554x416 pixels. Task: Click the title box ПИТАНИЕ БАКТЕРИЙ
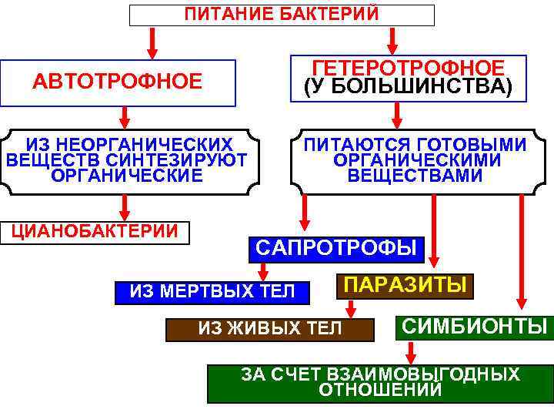(x=282, y=15)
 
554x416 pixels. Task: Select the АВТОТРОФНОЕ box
(x=117, y=82)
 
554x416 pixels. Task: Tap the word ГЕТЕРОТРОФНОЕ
(x=409, y=68)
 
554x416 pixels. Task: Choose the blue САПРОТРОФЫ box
(x=335, y=248)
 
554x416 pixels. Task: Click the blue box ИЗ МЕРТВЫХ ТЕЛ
(x=212, y=291)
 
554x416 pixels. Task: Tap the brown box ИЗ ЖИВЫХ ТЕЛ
(x=270, y=329)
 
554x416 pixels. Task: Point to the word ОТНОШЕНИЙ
(x=380, y=390)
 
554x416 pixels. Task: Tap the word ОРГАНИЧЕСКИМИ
(x=416, y=160)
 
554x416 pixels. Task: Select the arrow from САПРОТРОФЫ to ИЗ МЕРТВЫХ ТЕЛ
(x=264, y=270)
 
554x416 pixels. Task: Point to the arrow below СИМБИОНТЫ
(x=412, y=351)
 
